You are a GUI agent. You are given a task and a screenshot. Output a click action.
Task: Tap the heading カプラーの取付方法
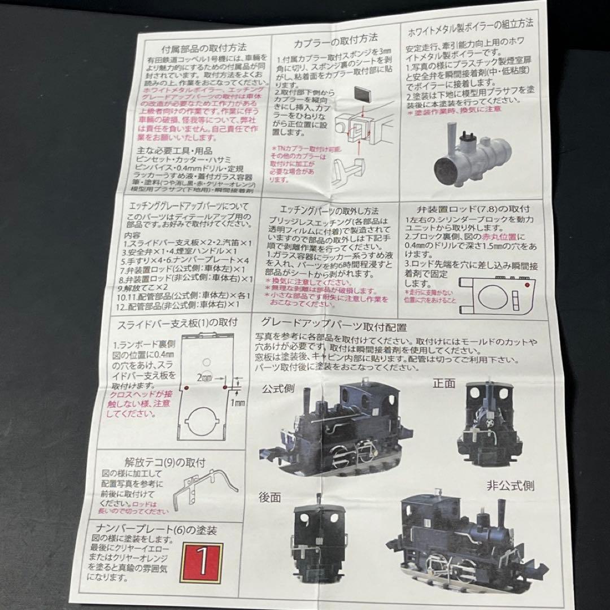point(335,40)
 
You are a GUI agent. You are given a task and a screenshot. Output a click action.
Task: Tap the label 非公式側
point(511,485)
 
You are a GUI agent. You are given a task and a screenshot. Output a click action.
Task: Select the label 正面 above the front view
point(443,382)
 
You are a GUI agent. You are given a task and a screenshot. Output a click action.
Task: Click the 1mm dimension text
point(237,403)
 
